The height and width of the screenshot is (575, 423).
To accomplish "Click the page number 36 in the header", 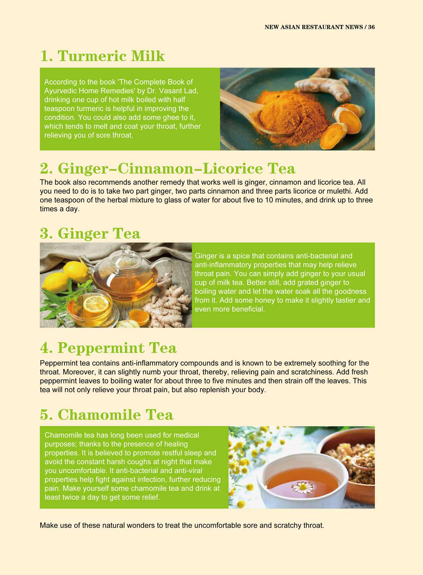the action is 371,27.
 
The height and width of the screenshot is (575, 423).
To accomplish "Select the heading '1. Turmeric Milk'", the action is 102,56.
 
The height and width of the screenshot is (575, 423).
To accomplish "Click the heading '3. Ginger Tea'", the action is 90,234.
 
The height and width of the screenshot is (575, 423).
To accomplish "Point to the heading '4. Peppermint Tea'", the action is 108,348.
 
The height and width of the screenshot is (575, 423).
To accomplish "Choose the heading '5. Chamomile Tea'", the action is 106,415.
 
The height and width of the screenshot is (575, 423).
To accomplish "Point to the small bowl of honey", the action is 139,317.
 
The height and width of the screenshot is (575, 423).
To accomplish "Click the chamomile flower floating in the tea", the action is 303,487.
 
